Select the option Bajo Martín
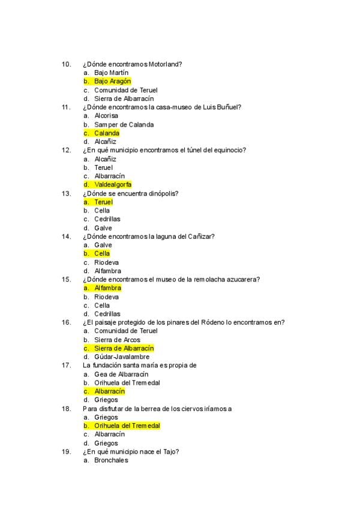111,73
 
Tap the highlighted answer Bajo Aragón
112,81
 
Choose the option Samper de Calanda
124,124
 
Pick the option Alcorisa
106,116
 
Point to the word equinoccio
226,150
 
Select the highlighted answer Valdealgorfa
113,185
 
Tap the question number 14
67,236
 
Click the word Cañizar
200,236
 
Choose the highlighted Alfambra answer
107,288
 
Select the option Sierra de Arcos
117,340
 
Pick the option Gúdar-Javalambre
122,357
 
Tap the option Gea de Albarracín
121,374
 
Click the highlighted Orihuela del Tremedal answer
127,426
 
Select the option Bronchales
111,460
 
